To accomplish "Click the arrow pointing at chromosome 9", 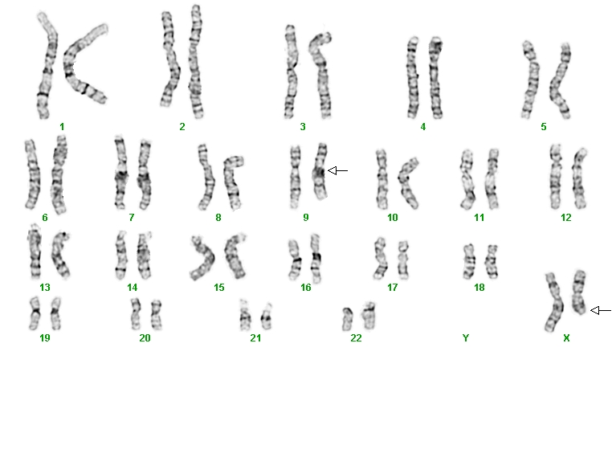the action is [337, 170].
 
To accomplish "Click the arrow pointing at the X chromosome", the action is [601, 310].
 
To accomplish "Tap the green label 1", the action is [62, 126].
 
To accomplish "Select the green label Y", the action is [465, 337].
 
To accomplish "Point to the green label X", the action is [566, 337].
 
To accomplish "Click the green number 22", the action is [356, 337].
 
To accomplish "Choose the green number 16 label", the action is [306, 288].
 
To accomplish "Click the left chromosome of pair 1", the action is [47, 67].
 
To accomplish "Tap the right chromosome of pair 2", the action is [195, 63].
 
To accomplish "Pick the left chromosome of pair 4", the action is [412, 78].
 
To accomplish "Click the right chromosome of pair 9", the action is [320, 172].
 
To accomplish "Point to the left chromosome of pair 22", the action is [348, 320].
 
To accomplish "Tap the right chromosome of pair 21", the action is [267, 317].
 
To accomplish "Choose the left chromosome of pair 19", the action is [35, 313].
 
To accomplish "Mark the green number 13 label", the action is [45, 288].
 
